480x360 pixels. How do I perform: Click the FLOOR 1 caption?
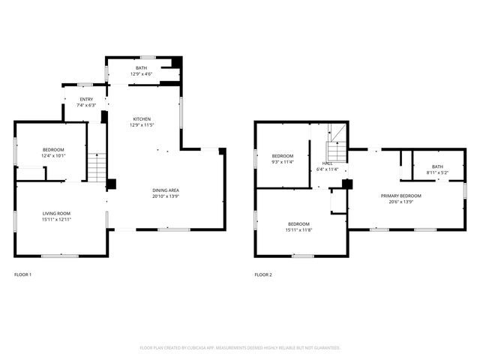point(22,275)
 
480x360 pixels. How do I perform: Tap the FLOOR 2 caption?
point(263,275)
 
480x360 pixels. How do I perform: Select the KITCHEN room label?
point(142,119)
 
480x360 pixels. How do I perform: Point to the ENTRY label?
point(87,99)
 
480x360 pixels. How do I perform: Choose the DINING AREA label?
point(166,190)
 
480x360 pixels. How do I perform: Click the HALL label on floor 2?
point(327,163)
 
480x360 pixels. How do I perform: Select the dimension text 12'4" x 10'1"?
point(53,155)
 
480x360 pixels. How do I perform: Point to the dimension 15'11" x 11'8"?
point(298,229)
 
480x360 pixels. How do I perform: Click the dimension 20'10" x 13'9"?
point(166,196)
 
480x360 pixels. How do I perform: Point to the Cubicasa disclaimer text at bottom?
point(240,348)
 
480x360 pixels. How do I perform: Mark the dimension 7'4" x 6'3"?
point(87,105)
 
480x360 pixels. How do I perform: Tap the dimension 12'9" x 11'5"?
point(142,125)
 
